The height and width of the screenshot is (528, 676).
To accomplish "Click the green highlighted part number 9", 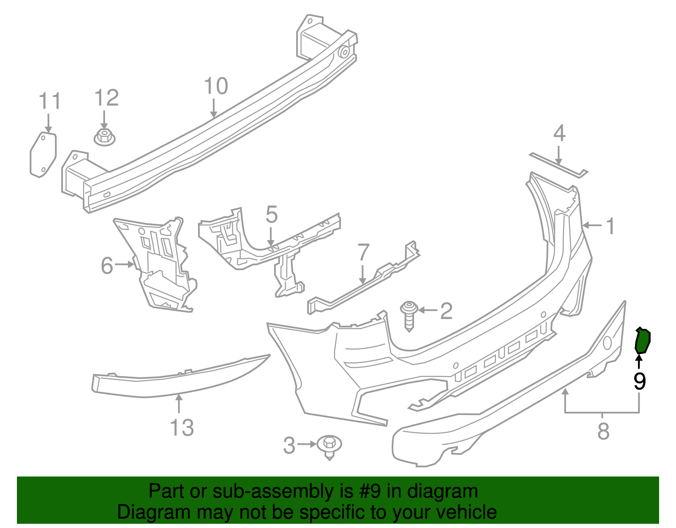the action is pyautogui.click(x=642, y=341).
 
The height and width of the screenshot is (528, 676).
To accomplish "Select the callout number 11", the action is pyautogui.click(x=49, y=101).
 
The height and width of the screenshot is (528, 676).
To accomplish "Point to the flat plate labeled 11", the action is pyautogui.click(x=43, y=155).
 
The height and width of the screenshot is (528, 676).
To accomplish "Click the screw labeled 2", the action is pyautogui.click(x=409, y=316).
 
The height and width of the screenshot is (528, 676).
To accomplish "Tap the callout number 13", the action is pyautogui.click(x=182, y=427).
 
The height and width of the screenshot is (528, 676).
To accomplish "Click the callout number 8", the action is pyautogui.click(x=603, y=431).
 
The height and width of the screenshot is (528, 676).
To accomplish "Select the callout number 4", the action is pyautogui.click(x=559, y=133).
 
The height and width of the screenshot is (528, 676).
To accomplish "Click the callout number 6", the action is pyautogui.click(x=107, y=266).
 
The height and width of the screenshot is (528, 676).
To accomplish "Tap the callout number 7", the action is pyautogui.click(x=363, y=252).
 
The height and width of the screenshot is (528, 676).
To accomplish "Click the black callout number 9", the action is pyautogui.click(x=640, y=381).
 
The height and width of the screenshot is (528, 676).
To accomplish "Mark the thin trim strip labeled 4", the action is pyautogui.click(x=559, y=165).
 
